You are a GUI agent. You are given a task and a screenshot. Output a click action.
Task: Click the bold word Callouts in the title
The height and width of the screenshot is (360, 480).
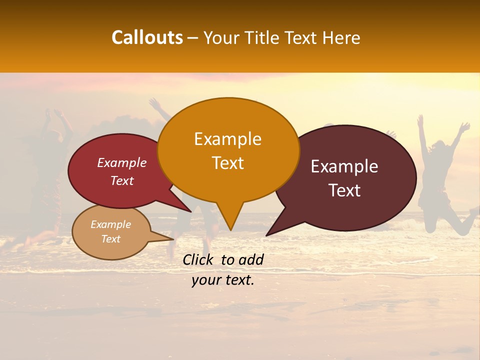click(147, 37)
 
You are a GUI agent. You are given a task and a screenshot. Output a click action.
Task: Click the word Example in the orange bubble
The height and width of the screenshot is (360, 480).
click(227, 139)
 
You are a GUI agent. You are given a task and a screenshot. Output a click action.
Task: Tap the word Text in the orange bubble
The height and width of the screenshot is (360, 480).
click(228, 163)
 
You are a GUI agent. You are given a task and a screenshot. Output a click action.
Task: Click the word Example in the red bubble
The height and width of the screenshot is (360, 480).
click(122, 162)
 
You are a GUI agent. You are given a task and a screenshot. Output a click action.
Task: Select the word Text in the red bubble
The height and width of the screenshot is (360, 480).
click(122, 180)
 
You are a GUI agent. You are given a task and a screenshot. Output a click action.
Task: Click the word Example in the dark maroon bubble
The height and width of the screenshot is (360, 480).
click(344, 166)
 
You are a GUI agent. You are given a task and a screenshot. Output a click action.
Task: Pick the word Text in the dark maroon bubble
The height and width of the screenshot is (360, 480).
click(345, 190)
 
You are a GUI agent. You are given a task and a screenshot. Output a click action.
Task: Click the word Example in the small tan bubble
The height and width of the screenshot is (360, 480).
click(110, 224)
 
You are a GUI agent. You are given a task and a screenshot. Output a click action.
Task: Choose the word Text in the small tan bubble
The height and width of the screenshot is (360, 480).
click(111, 239)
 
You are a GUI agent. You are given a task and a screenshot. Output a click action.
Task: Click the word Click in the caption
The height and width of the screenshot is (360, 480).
click(199, 259)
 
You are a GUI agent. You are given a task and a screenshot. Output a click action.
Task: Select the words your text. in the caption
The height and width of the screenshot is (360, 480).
click(222, 280)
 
